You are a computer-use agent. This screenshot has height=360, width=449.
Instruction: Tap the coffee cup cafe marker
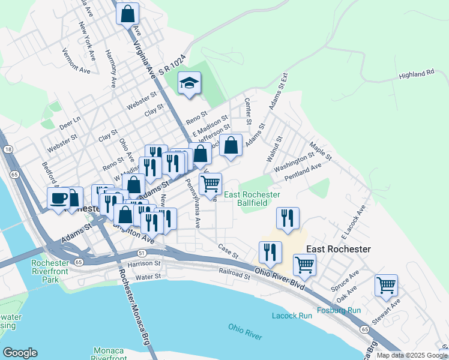(x=59, y=199)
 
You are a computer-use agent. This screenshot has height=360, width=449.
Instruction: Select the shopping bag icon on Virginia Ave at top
(x=128, y=14)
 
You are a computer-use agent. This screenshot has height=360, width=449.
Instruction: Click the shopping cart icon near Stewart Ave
(x=386, y=285)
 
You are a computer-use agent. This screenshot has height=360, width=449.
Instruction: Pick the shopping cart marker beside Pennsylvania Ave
(x=210, y=184)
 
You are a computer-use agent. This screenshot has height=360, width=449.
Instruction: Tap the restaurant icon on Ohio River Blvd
(x=270, y=252)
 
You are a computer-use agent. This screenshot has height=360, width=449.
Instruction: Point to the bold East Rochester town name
(x=339, y=248)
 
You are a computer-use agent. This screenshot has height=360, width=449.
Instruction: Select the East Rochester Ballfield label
(x=252, y=199)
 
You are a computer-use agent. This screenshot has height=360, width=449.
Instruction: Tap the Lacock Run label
(x=292, y=315)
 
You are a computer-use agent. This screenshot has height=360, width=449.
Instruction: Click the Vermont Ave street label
(x=76, y=61)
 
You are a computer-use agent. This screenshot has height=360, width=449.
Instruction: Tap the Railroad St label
(x=234, y=274)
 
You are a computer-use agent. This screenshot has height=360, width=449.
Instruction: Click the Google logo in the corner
(x=20, y=353)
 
